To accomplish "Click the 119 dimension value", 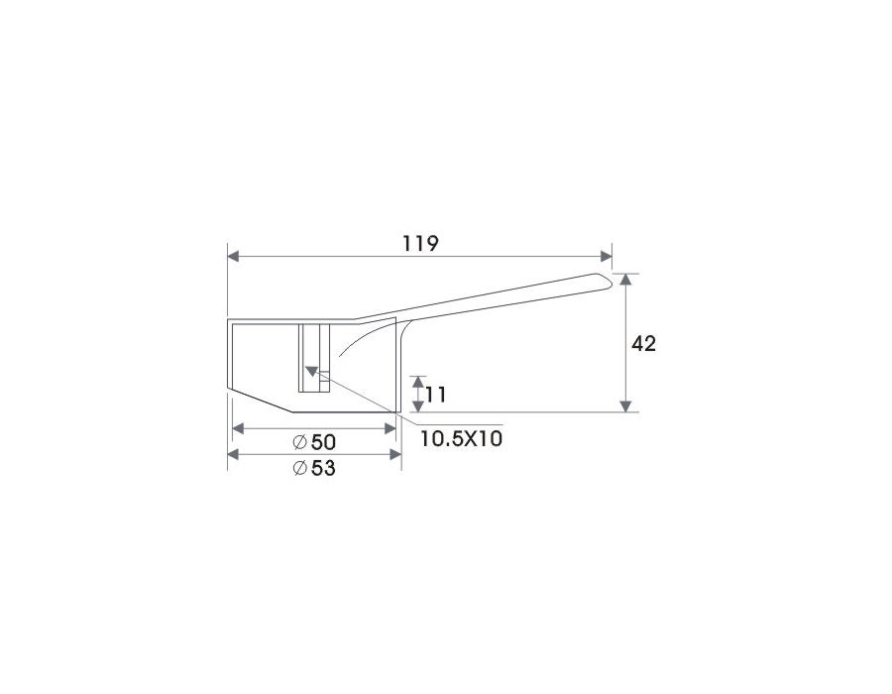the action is (x=421, y=244).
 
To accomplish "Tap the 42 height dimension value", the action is (x=644, y=343).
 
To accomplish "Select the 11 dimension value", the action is (x=436, y=395).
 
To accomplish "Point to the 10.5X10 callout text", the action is (x=461, y=438).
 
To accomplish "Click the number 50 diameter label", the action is (x=323, y=442).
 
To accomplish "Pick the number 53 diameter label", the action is (x=323, y=468).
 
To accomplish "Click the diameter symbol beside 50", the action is (x=299, y=442).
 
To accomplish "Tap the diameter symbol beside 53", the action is (x=299, y=468).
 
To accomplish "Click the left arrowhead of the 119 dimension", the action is (x=233, y=257).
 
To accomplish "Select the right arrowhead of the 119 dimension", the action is (x=607, y=257).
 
